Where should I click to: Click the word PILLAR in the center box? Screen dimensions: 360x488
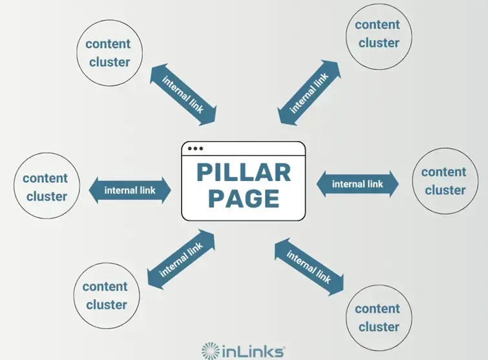click(x=243, y=173)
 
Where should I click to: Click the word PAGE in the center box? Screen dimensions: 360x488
click(x=243, y=197)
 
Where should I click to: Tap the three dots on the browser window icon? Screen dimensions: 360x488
click(x=195, y=149)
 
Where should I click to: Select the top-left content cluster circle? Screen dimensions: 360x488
click(x=108, y=53)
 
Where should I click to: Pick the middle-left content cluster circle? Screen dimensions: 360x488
click(x=45, y=187)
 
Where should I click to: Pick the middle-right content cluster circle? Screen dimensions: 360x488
click(x=443, y=181)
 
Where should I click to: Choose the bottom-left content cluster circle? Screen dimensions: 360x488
click(x=105, y=295)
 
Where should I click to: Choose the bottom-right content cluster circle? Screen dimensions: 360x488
click(x=377, y=317)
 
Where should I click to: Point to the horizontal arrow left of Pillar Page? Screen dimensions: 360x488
click(x=130, y=190)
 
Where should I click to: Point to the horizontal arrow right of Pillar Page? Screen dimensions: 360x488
click(x=357, y=184)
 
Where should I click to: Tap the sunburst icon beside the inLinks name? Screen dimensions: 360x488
click(x=210, y=351)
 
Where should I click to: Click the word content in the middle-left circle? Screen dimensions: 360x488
click(x=45, y=178)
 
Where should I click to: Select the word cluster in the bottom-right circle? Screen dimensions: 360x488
click(x=377, y=326)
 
